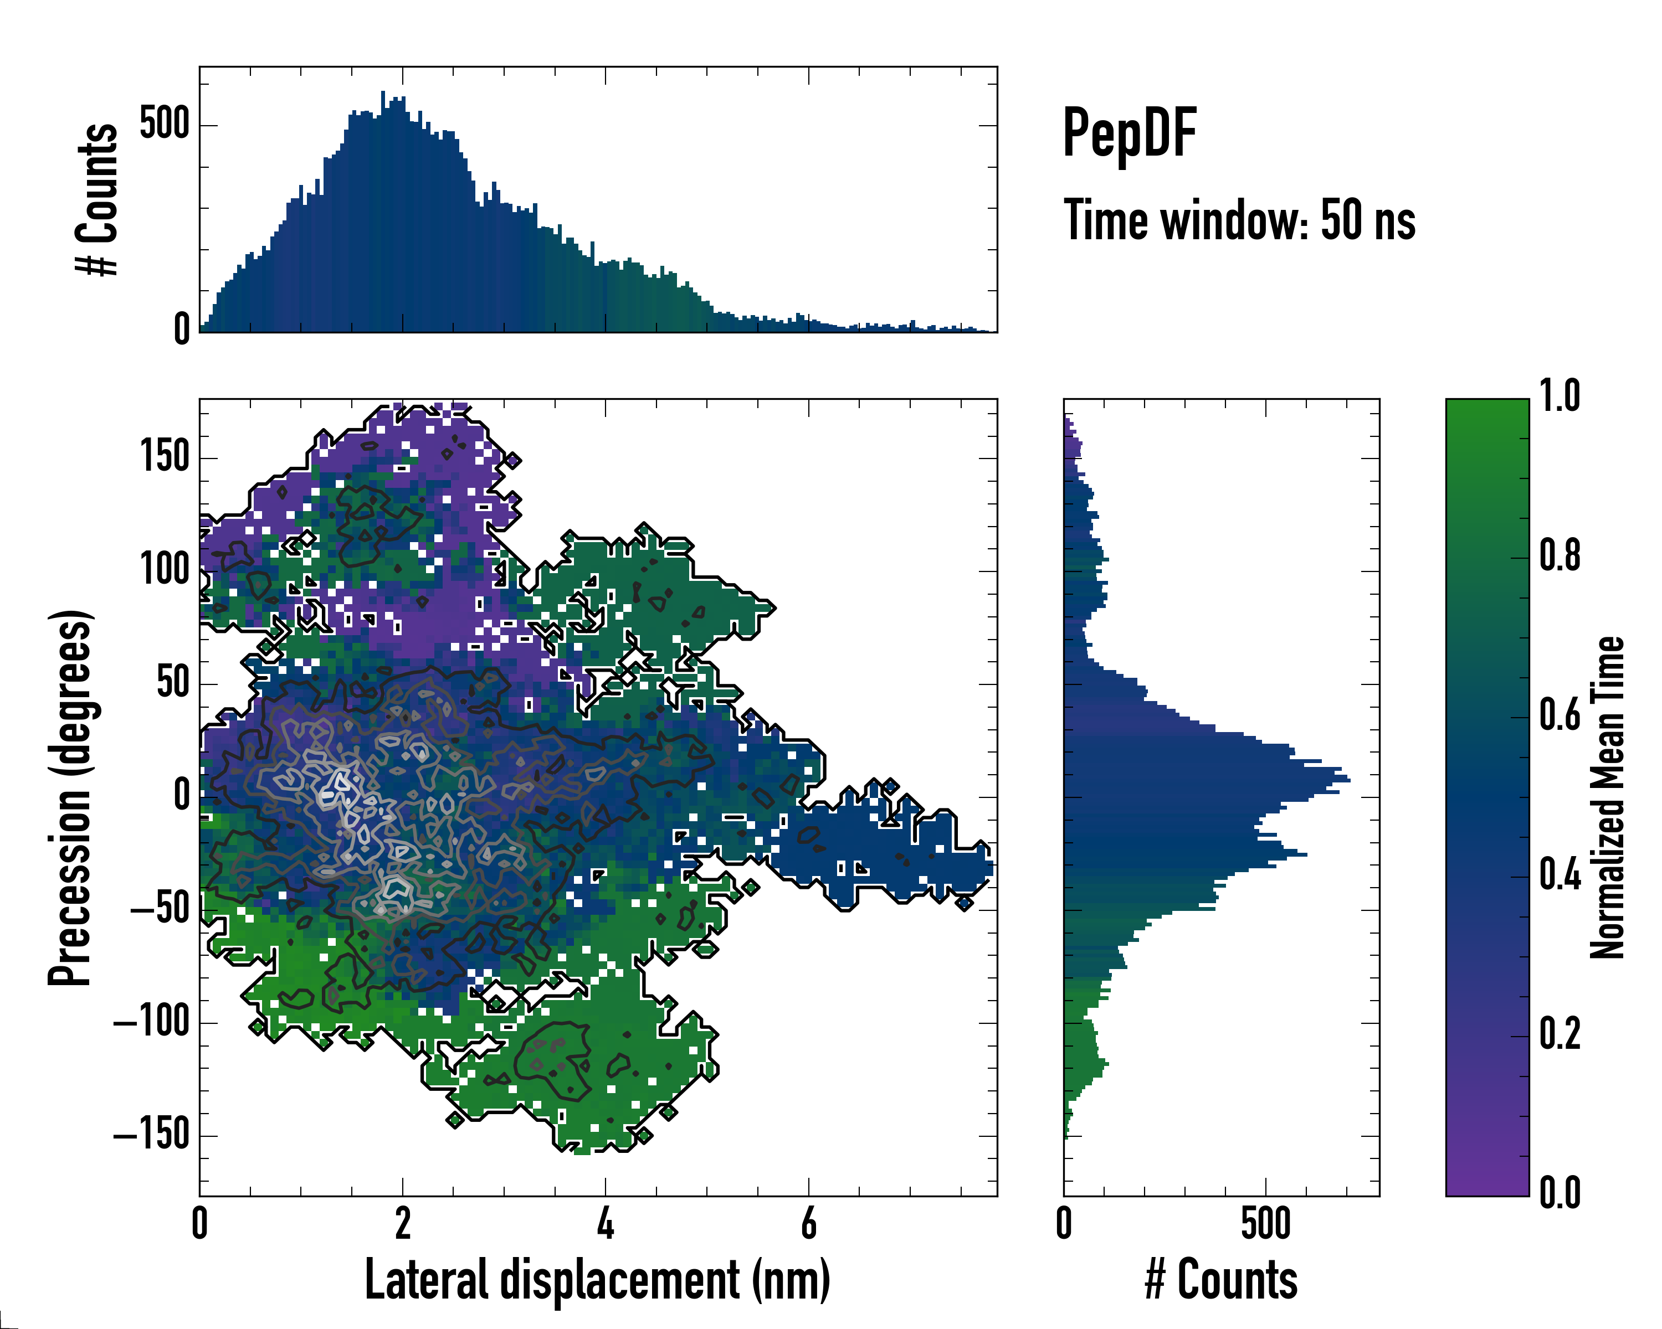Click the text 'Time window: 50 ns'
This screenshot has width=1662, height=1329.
(x=1239, y=220)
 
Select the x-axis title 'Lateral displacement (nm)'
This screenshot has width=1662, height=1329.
(x=597, y=1280)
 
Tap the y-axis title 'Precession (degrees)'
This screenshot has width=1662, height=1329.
(x=71, y=797)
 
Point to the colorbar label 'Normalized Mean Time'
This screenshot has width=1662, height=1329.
(x=1607, y=797)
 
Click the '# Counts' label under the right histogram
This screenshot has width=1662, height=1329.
(x=1221, y=1280)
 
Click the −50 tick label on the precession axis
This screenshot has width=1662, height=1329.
(x=160, y=910)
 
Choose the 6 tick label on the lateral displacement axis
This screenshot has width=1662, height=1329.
(x=809, y=1223)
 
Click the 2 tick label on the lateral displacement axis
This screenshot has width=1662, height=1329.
(x=402, y=1223)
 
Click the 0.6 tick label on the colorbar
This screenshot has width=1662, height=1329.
(x=1560, y=716)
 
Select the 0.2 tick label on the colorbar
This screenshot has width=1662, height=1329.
(x=1560, y=1035)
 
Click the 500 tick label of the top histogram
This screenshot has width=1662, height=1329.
(x=164, y=124)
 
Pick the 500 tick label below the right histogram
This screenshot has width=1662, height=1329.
(x=1266, y=1223)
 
